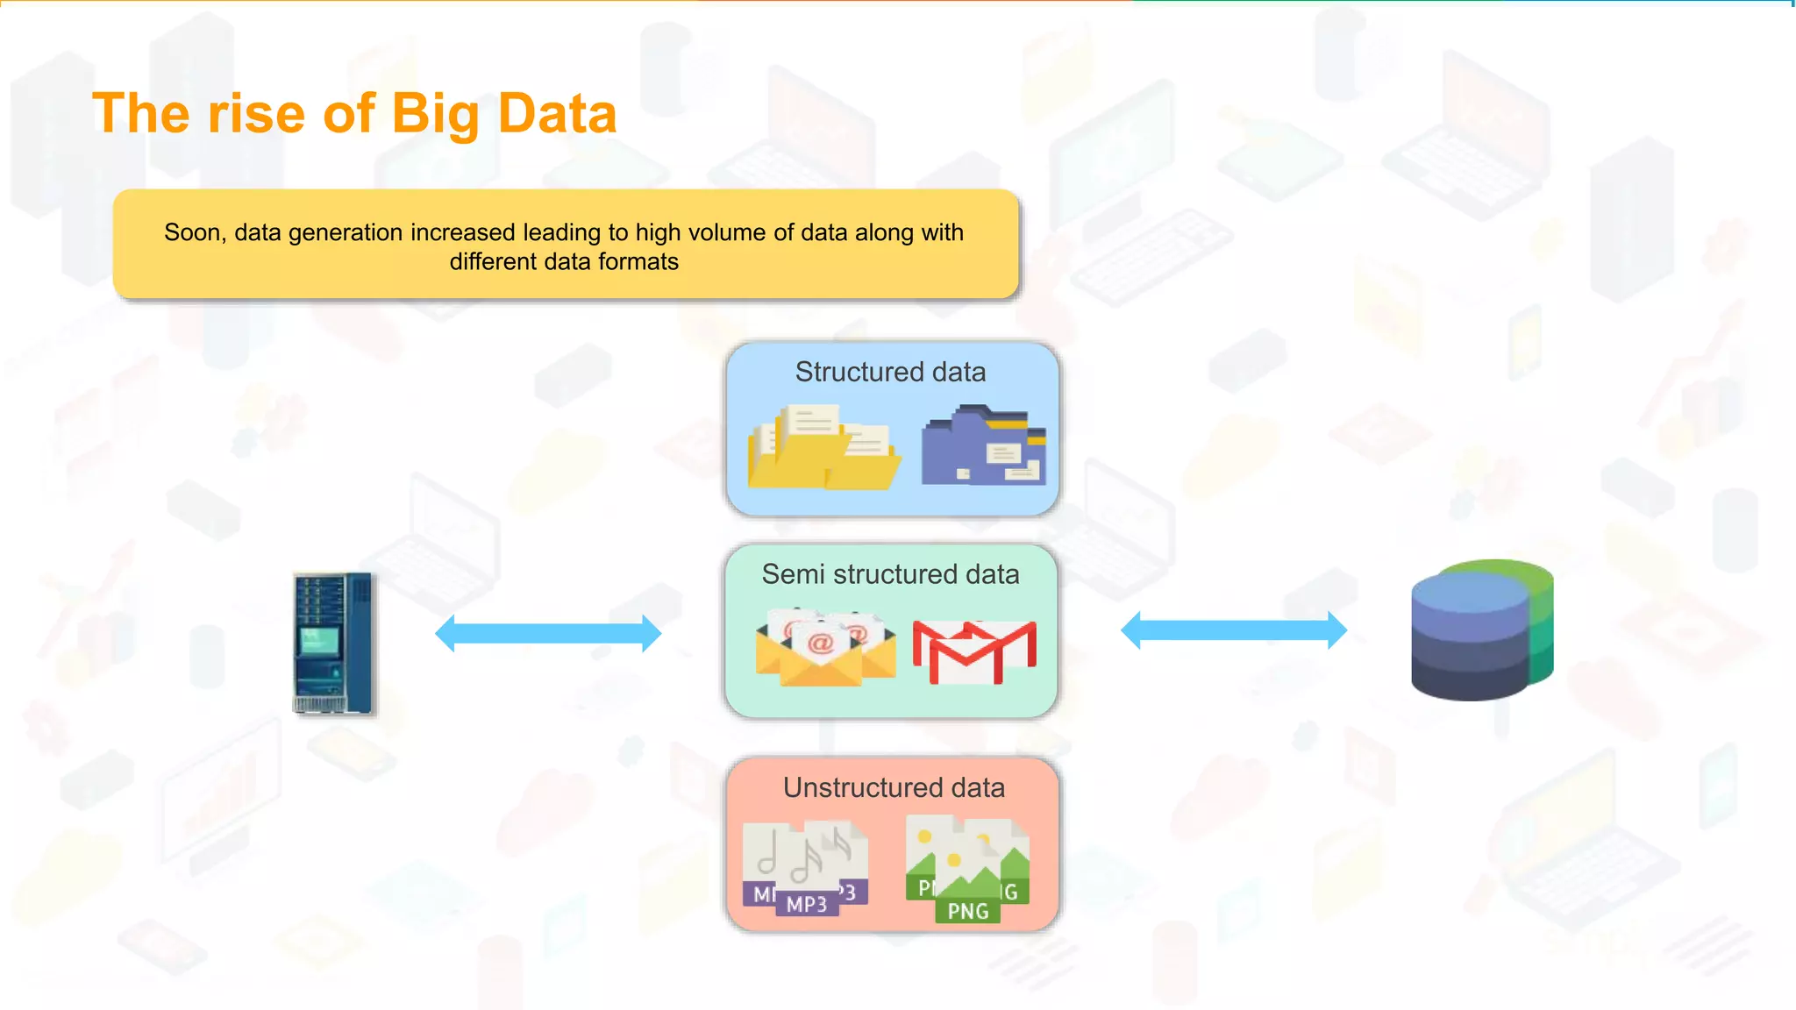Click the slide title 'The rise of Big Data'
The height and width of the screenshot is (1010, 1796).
[354, 114]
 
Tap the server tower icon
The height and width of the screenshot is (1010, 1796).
[333, 643]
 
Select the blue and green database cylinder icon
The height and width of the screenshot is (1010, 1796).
[1482, 629]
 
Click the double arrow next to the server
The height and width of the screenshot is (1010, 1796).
[548, 633]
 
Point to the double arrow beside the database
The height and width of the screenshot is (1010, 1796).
[1233, 630]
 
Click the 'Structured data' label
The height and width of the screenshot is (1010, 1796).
[890, 372]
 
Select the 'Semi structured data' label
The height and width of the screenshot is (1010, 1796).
[890, 574]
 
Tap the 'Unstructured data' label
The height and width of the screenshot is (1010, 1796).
[894, 787]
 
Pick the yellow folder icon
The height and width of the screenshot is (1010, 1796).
[823, 447]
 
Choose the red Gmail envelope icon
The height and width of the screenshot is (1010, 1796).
[974, 651]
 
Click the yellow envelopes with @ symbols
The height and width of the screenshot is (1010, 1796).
[824, 649]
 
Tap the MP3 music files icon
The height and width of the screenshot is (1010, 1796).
[805, 868]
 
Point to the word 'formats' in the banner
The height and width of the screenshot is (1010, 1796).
[638, 261]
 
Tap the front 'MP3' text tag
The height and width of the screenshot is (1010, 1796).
[807, 904]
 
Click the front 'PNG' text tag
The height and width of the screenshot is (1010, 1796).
[968, 911]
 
